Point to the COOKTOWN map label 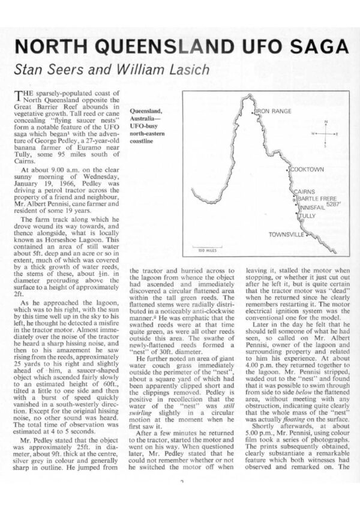(307, 170)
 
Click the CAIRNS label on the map (304, 191)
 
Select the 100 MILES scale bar (206, 248)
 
